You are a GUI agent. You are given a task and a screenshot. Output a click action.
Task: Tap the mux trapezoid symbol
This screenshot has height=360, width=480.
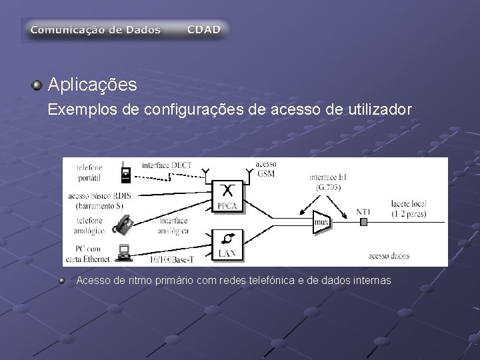(321, 221)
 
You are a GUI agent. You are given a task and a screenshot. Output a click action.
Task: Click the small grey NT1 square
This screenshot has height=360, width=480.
(363, 221)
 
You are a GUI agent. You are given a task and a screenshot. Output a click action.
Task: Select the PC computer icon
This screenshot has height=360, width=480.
(123, 252)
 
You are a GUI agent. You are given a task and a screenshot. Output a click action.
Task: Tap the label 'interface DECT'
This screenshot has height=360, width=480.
(167, 164)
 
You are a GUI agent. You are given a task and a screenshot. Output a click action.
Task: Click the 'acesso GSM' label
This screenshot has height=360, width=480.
(265, 168)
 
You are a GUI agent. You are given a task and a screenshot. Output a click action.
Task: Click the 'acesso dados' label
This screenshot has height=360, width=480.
(389, 255)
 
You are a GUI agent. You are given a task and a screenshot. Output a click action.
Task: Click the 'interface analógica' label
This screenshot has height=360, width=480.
(173, 225)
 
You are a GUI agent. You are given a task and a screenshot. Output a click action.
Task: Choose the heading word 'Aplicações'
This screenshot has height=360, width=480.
(93, 85)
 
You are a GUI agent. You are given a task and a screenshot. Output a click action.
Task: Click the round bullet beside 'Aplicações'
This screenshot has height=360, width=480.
(38, 85)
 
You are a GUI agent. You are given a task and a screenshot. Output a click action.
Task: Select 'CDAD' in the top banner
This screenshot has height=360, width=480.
(203, 30)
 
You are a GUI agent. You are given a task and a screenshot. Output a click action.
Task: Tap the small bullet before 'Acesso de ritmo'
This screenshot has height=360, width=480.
(63, 281)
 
